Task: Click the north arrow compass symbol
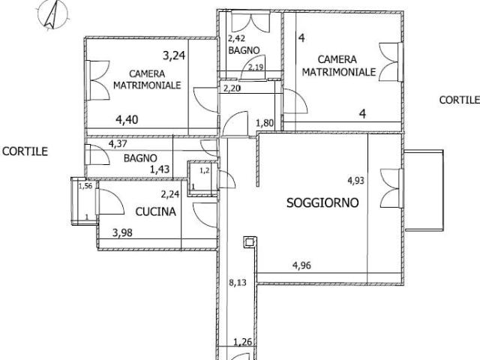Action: click(52, 15)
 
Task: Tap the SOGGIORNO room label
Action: click(322, 202)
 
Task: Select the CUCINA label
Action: click(155, 211)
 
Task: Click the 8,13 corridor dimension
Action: click(238, 282)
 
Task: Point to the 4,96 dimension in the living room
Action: click(301, 265)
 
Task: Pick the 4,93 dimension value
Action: click(355, 180)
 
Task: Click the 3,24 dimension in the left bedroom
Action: click(174, 55)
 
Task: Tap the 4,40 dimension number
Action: click(127, 119)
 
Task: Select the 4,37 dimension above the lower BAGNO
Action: click(118, 143)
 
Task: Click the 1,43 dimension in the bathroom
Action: click(160, 169)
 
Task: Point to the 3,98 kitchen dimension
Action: click(122, 232)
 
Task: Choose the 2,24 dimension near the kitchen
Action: click(170, 193)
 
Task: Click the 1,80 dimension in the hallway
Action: click(265, 123)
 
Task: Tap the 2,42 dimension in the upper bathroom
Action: click(238, 38)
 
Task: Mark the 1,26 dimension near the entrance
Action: click(243, 342)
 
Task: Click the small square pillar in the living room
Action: click(249, 242)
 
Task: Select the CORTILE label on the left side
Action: click(25, 151)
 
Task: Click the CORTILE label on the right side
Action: click(460, 100)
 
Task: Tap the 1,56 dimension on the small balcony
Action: click(85, 186)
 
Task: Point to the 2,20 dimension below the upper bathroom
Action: click(232, 88)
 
